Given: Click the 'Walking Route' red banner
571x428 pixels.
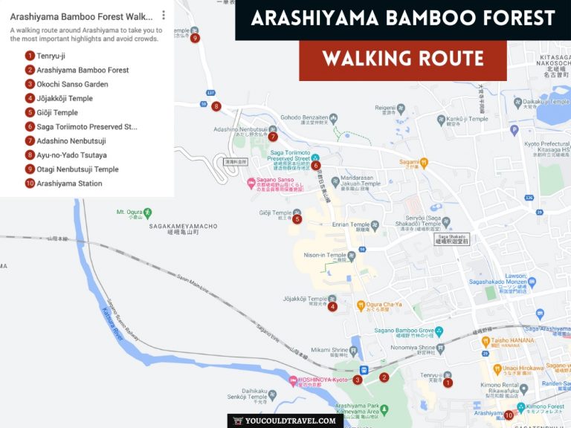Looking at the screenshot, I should [x=403, y=59].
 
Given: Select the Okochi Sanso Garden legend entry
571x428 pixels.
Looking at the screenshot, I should [x=72, y=84].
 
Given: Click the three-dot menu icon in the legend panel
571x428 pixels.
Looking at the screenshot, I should [x=164, y=16].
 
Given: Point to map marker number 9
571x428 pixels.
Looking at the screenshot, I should [x=195, y=38].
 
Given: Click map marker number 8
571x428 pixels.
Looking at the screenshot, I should [x=216, y=106].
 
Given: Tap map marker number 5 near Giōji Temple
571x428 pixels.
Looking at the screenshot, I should [x=297, y=219].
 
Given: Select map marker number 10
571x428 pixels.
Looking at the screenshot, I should [x=509, y=415].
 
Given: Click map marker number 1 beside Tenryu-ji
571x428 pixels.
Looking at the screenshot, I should [x=448, y=383].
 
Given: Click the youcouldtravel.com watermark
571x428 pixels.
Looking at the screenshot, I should [x=285, y=421].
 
